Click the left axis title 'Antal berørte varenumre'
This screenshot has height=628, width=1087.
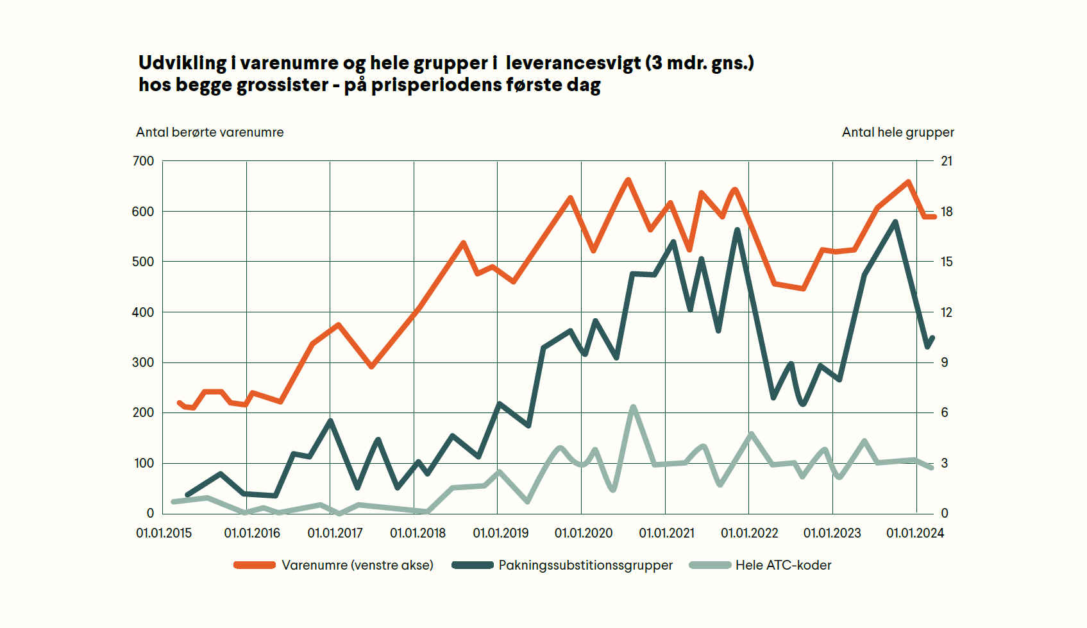pos(209,132)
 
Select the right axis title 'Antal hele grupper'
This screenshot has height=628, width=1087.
pos(897,132)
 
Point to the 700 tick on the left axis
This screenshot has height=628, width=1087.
pos(143,161)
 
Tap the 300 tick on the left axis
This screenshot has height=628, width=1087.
pos(143,362)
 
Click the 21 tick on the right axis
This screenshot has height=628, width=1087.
pos(947,161)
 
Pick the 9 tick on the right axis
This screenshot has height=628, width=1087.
pos(945,362)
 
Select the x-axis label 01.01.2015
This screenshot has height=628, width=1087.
pos(164,533)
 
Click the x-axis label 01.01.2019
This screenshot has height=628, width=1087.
pos(500,533)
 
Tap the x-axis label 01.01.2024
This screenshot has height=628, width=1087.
pos(914,533)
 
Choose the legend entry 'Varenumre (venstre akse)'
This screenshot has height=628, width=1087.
pos(357,565)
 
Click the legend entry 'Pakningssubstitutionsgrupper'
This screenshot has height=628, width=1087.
pos(585,565)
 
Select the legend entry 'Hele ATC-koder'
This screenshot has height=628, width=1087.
pos(783,565)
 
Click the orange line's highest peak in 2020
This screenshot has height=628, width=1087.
pos(628,180)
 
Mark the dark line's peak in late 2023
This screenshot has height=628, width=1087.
pos(895,222)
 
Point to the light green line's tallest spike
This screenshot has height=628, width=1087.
pos(633,407)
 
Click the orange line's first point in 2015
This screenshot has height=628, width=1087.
pos(179,403)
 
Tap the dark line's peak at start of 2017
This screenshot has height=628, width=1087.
pos(330,421)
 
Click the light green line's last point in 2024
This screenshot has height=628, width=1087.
pos(931,468)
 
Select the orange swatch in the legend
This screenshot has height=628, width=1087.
pos(254,565)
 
